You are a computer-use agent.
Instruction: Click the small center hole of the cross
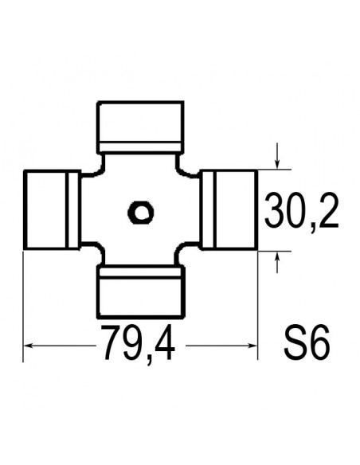(141, 212)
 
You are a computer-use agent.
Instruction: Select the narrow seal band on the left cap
(72, 210)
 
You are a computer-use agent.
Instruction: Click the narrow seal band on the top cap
(140, 147)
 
